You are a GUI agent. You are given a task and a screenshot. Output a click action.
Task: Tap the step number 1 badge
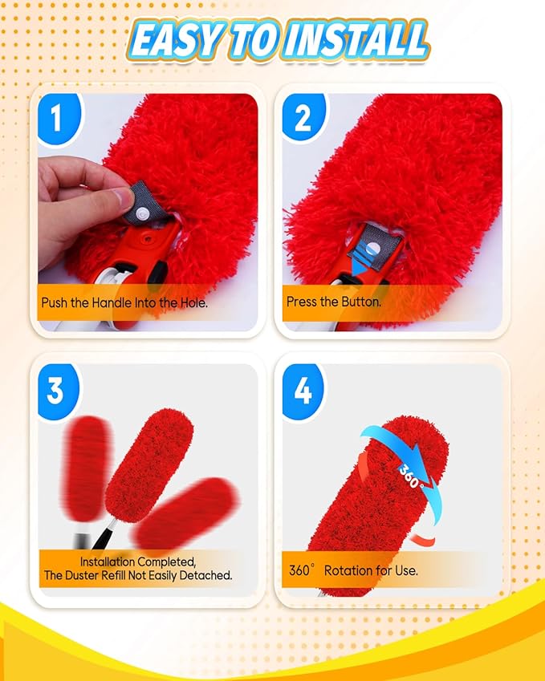pos(56,119)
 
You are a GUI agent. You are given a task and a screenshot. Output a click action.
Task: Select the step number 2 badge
pos(303,119)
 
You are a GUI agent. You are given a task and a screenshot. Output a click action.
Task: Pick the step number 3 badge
pos(56,391)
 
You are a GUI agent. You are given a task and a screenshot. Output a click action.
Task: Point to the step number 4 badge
pos(303,391)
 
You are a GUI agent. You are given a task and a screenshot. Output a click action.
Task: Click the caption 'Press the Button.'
pos(333,302)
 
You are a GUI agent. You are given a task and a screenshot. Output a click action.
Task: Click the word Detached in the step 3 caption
pos(205,575)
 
